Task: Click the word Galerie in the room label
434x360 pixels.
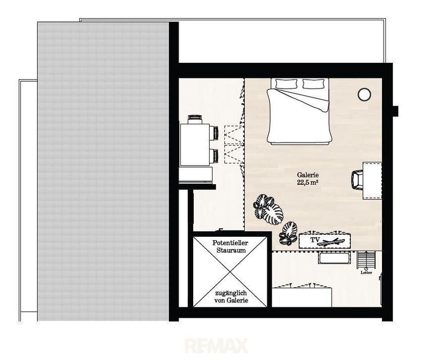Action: [x=308, y=175]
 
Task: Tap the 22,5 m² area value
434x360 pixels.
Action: [x=307, y=183]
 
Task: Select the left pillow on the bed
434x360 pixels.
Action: [x=286, y=83]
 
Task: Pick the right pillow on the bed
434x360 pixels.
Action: [x=313, y=83]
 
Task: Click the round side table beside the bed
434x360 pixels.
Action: [x=364, y=94]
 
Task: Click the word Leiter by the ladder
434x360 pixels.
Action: [x=366, y=272]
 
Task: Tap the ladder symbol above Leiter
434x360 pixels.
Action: [x=367, y=259]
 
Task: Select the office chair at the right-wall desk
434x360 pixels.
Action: [x=357, y=180]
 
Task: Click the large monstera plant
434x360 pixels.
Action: [x=268, y=210]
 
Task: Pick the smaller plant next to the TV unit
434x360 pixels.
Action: [x=288, y=233]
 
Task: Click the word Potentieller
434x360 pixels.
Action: [x=231, y=243]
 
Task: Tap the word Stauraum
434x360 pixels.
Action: [x=231, y=250]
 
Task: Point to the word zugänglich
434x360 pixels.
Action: [x=231, y=293]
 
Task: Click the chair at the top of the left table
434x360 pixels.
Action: [x=195, y=119]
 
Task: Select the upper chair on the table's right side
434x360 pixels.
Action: [x=214, y=133]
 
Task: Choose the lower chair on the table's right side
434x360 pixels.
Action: [x=214, y=155]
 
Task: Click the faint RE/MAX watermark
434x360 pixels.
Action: [x=216, y=346]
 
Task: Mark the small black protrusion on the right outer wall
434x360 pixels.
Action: [x=396, y=111]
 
